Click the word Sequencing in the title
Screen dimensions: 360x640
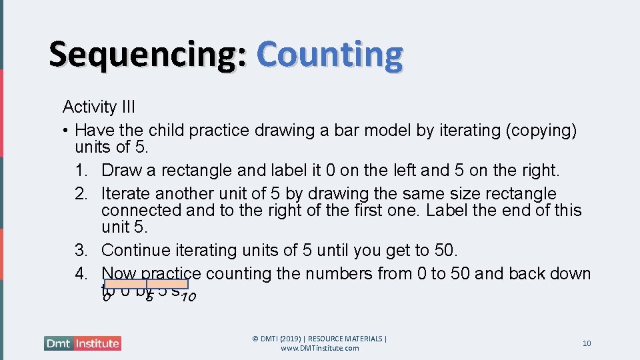147,55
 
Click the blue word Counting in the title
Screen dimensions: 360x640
329,55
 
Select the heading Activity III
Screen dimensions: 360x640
99,107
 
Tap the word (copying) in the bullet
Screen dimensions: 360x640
541,130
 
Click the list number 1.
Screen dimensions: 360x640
89,171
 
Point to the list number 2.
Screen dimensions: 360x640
89,194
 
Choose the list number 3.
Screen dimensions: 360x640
89,251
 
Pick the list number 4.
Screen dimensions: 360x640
89,274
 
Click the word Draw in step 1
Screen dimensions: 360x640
121,171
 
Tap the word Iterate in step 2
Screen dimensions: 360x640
125,194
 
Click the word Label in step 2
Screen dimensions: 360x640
445,211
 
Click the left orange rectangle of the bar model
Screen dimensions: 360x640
125,284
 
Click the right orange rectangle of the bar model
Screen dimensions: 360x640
167,284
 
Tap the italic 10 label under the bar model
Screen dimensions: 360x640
188,297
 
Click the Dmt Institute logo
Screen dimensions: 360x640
83,343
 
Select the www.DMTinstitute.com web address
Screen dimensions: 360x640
319,348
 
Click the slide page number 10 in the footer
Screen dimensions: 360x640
587,343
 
